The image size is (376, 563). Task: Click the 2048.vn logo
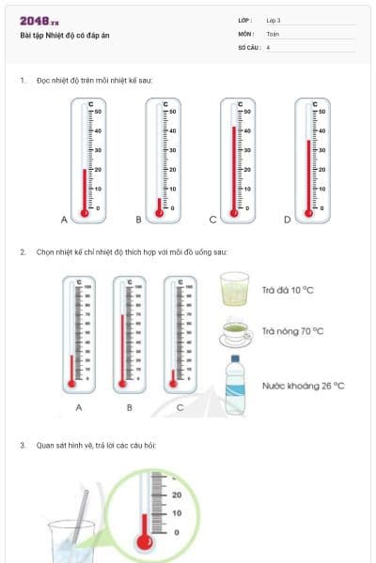pos(39,21)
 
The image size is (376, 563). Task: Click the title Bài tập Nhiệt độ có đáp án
pos(57,36)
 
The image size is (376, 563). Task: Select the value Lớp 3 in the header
pos(274,19)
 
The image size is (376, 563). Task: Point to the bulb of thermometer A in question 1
pos(85,213)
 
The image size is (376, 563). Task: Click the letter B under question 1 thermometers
pos(138,220)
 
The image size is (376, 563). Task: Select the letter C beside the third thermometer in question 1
pos(213,220)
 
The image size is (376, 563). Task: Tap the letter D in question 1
pos(288,220)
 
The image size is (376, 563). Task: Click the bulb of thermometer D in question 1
pos(308,213)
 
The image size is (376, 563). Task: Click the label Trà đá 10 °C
pos(288,291)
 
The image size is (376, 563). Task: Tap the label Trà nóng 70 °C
pos(292,331)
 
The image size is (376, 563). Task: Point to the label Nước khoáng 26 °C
pos(303,385)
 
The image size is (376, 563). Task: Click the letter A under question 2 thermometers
pos(79,408)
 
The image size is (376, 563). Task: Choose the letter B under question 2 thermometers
pos(130,408)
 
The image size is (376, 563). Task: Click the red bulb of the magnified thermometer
pos(143,541)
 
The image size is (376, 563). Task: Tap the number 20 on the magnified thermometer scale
pos(176,494)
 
